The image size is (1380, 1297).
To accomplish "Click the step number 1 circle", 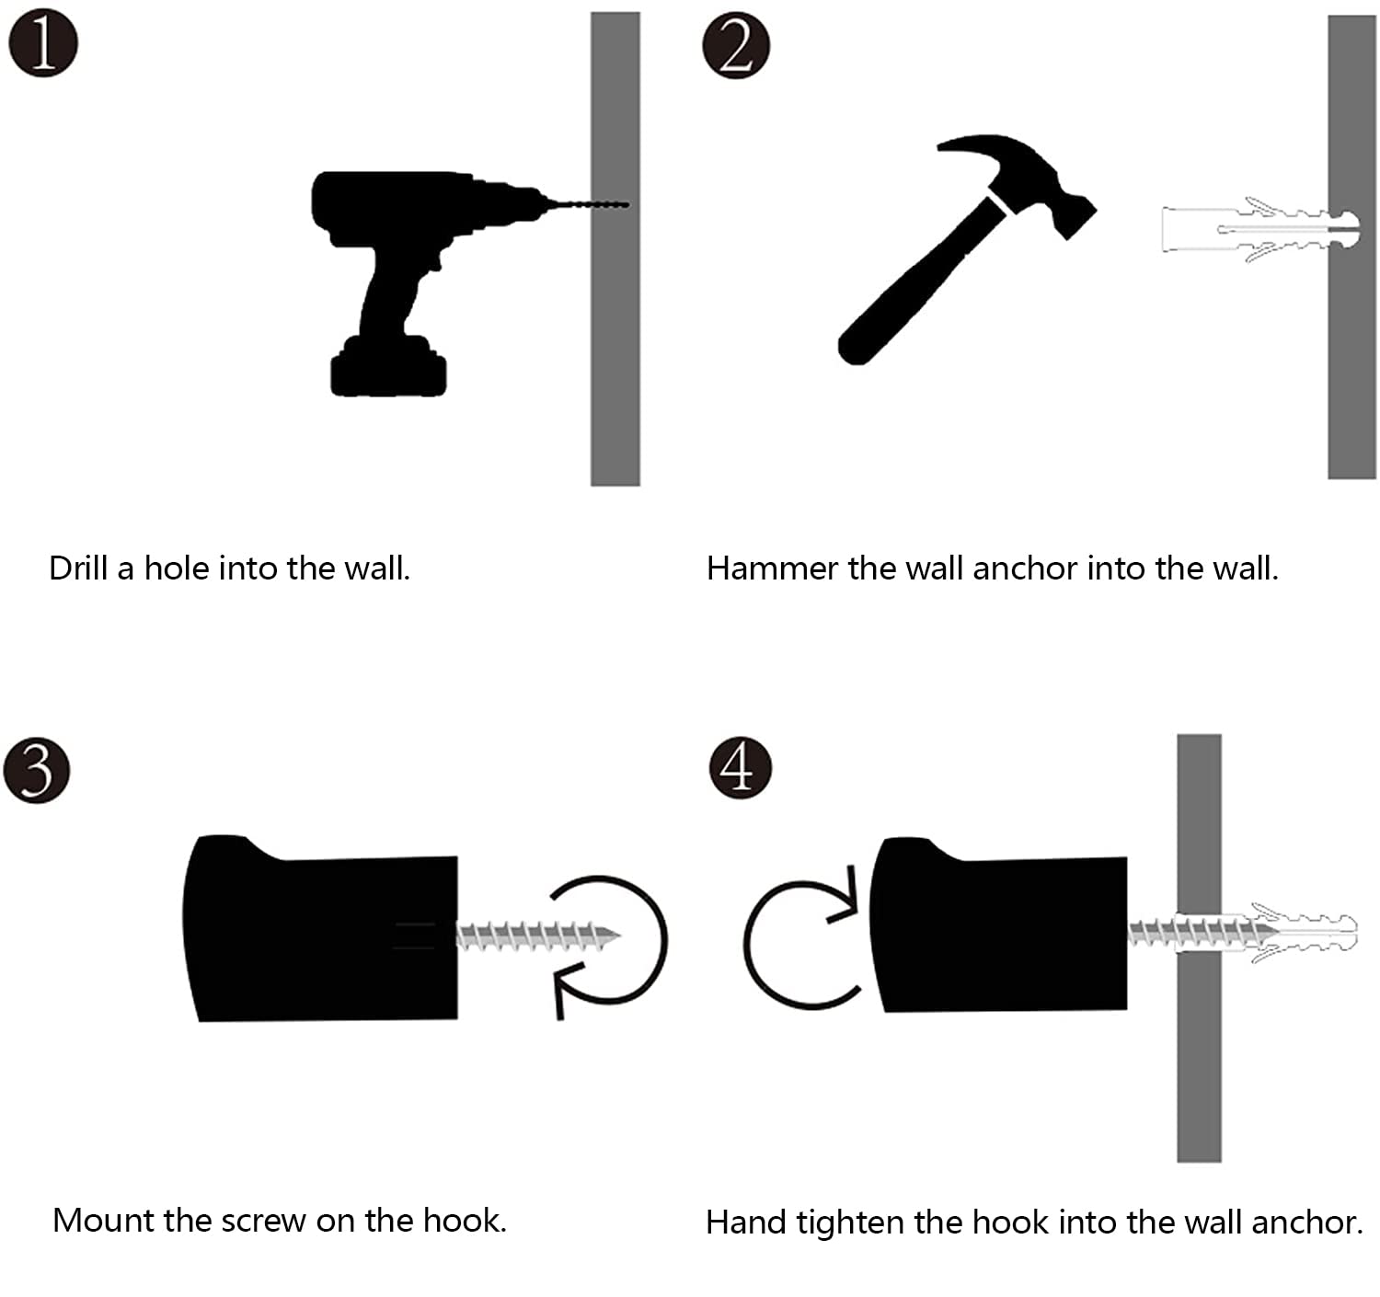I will click(x=42, y=43).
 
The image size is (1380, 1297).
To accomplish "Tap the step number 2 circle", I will click(x=735, y=45).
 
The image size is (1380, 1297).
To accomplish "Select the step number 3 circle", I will click(x=36, y=769).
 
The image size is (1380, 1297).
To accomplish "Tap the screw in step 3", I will click(x=538, y=936).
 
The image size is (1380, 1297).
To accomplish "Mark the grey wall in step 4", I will click(x=1199, y=1058).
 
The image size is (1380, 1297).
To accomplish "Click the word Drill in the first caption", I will click(x=79, y=568).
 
